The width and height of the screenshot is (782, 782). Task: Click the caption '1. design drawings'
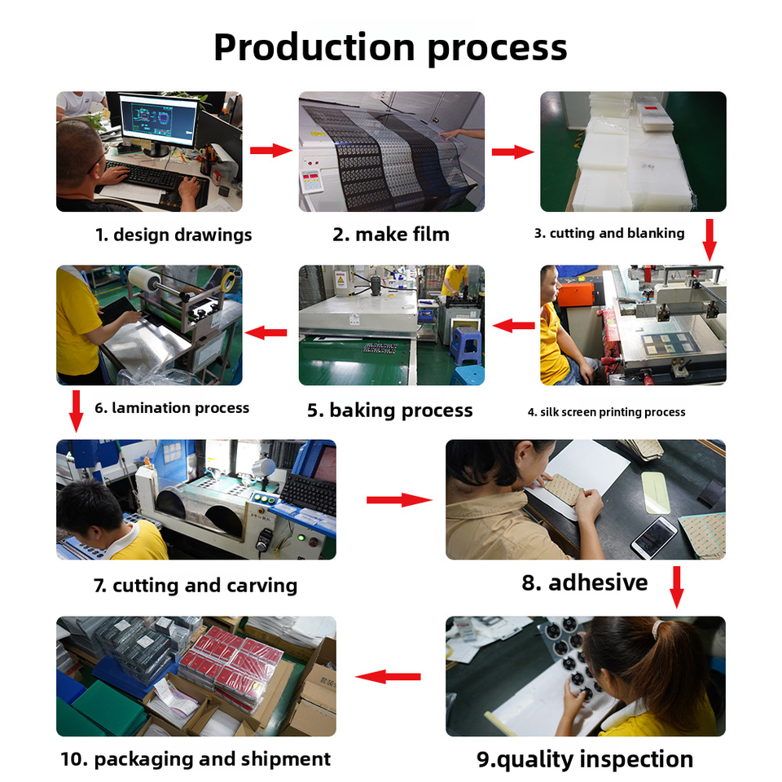pos(174,235)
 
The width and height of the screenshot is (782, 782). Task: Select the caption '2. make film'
pos(391,235)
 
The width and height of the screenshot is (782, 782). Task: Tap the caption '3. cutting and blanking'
pos(609,234)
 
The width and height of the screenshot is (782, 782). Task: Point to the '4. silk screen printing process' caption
pos(607,412)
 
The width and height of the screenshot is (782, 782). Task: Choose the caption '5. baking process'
pos(389,411)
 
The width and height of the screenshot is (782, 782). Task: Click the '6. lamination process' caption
pos(172,408)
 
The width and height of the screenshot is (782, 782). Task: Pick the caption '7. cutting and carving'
pos(195,586)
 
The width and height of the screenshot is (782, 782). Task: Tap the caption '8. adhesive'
pos(585,583)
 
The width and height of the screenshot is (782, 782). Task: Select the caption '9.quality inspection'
pos(585,760)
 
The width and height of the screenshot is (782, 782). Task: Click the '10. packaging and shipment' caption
pos(195,759)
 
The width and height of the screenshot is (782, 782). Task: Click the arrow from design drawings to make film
pos(270,151)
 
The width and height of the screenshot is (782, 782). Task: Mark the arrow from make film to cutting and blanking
pos(512,152)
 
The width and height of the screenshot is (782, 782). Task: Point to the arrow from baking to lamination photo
pos(266,332)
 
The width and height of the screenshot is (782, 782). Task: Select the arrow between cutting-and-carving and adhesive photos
pos(398,499)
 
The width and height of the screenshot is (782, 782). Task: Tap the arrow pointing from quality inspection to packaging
pos(388,676)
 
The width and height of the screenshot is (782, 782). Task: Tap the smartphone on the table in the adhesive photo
pos(655,537)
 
